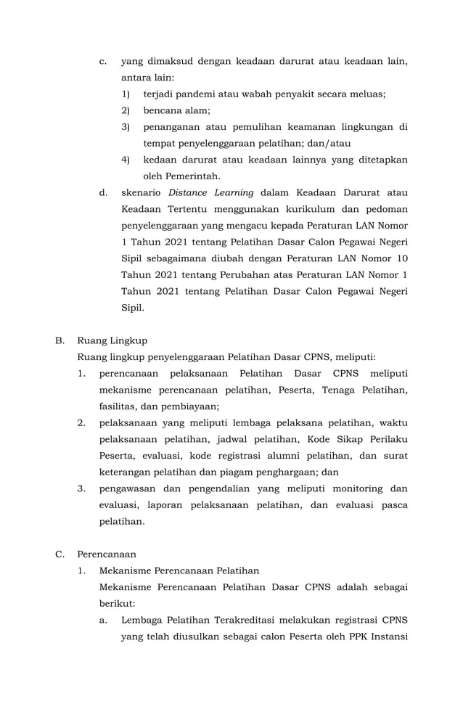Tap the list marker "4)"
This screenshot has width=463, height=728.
(126, 160)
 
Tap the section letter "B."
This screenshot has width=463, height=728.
(61, 340)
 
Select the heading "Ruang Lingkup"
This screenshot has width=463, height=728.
(112, 340)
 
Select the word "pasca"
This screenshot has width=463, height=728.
(393, 505)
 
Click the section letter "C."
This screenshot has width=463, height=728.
(61, 554)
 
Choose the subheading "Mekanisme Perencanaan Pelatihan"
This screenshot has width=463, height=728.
(179, 570)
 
